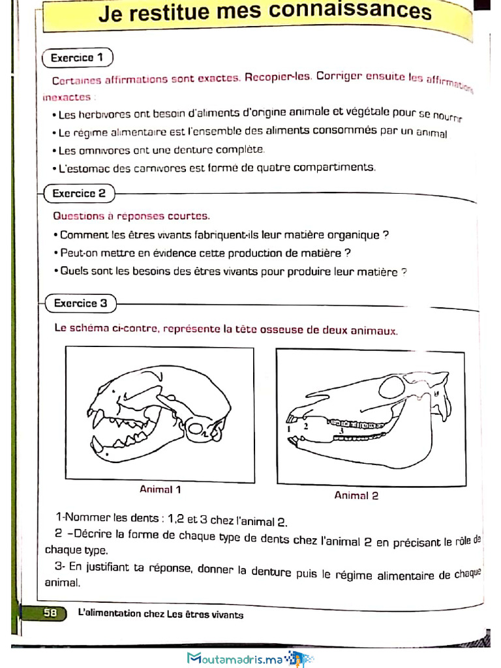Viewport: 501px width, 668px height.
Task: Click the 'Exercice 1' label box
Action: click(77, 57)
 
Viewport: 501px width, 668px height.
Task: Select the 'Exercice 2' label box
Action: click(78, 193)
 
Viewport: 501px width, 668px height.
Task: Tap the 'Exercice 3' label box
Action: click(80, 303)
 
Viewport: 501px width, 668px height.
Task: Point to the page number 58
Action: click(50, 613)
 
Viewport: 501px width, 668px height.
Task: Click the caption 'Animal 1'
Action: click(160, 489)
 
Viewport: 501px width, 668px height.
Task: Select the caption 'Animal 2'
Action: click(356, 495)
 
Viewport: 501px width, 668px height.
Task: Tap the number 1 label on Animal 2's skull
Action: click(288, 429)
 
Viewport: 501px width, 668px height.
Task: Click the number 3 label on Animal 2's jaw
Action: click(341, 431)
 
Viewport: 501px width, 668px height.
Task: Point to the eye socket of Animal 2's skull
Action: click(391, 387)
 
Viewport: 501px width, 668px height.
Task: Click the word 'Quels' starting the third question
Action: click(72, 272)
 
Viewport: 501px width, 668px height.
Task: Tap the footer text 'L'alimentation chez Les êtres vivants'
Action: click(160, 614)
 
